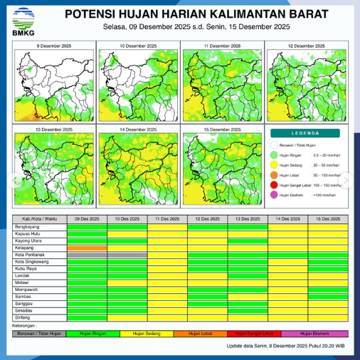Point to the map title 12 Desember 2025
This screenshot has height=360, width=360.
point(305,46)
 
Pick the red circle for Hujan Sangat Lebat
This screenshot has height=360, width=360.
point(275,185)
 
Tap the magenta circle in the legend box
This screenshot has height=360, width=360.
point(275,194)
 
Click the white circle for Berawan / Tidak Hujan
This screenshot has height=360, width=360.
point(275,144)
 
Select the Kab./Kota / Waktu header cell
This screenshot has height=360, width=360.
point(41,219)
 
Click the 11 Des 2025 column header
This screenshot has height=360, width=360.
point(168,219)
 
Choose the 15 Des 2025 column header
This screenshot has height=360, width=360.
point(328,219)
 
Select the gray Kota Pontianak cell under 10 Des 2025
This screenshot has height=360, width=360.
point(127,254)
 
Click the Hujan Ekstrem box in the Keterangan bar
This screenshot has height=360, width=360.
point(313,333)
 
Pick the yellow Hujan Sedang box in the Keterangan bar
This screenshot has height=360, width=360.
point(149,333)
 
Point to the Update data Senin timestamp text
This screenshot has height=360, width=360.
point(286,345)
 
